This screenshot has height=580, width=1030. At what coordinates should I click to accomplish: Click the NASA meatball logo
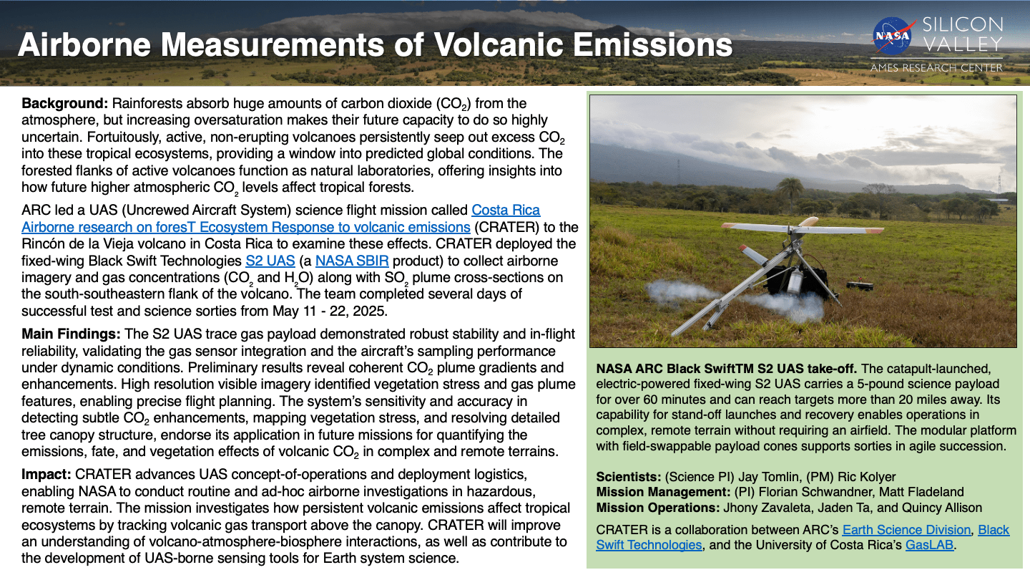891,36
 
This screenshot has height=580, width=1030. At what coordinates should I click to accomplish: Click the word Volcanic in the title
499,44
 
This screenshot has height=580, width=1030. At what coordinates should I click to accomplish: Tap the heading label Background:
65,103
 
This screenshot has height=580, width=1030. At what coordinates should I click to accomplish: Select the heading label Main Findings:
71,334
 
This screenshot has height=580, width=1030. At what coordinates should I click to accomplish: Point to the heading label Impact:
46,474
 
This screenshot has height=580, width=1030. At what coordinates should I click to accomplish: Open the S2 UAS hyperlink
270,261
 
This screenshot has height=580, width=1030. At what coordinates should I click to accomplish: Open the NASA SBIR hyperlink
352,261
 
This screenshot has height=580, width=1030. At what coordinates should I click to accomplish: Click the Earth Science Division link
906,530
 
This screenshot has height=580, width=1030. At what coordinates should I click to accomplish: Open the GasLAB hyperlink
929,545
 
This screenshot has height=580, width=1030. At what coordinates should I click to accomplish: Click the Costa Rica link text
506,210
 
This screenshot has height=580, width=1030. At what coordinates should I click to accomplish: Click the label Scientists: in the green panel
629,476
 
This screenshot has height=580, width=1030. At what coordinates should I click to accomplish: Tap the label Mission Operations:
658,508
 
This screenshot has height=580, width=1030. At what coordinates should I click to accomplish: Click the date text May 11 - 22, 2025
329,311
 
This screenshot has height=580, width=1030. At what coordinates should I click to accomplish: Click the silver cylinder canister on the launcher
795,282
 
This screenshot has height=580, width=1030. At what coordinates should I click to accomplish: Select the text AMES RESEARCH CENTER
936,68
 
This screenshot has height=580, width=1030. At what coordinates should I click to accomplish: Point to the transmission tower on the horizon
999,183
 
